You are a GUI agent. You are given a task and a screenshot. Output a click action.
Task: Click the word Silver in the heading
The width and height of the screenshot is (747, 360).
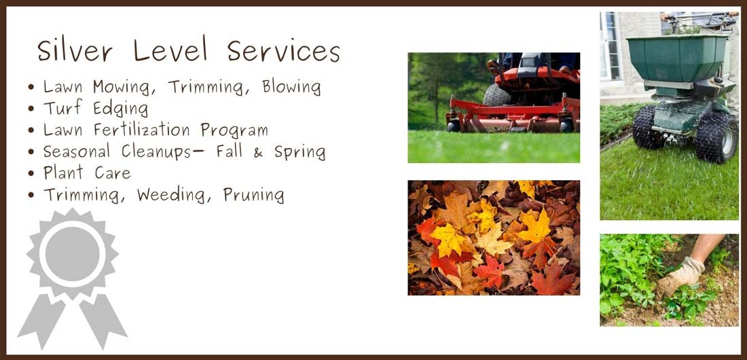75,50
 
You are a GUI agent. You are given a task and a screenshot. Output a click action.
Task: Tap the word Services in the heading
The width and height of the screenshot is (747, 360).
283,50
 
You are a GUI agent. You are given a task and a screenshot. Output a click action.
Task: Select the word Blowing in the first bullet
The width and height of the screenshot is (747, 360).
291,87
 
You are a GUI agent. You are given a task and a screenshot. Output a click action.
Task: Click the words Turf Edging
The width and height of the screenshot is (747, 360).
96,109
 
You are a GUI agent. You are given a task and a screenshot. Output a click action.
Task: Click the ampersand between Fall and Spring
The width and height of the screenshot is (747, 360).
258,152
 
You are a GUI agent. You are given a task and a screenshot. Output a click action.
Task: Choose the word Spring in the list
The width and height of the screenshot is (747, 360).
299,153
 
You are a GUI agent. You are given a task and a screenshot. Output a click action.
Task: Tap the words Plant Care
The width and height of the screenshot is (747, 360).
87,173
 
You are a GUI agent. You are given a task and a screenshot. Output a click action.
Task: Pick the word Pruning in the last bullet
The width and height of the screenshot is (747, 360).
253,195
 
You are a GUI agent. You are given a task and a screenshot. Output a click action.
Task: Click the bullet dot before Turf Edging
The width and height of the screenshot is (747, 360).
31,109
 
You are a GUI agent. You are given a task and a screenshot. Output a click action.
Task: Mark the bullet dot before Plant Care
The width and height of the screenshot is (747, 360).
31,173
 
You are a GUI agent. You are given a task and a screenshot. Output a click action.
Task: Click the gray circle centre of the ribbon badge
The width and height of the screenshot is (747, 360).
73,253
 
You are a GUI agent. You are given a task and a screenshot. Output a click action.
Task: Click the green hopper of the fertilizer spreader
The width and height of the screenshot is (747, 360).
677,57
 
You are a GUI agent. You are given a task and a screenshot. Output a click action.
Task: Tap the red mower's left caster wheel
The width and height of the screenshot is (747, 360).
453,126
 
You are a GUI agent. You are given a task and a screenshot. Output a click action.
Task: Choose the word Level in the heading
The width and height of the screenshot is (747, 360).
170,50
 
